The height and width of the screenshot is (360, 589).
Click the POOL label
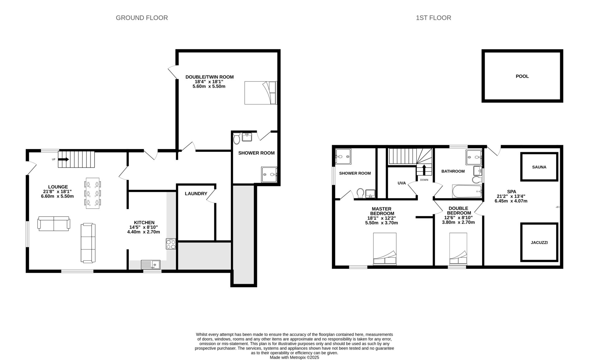click(522, 76)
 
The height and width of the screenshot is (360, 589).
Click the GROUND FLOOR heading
click(142, 18)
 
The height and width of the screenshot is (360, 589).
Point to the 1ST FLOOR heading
click(433, 18)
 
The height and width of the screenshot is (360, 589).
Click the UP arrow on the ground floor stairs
click(64, 159)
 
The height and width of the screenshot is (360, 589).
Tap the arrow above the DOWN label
click(424, 170)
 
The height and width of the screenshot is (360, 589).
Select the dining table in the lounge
click(93, 193)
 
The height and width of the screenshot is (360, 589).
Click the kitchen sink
click(151, 264)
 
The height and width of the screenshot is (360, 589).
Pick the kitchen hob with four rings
click(171, 244)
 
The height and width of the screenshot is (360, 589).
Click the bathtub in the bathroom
click(467, 191)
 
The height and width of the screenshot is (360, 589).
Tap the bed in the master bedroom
click(385, 249)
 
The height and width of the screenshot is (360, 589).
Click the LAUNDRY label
click(196, 194)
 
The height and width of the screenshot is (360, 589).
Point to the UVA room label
click(402, 183)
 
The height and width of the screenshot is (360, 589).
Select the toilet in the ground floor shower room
click(237, 139)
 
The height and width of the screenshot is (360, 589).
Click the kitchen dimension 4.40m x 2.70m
click(144, 232)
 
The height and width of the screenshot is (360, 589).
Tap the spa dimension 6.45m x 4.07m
click(511, 201)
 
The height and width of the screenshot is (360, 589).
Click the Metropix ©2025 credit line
click(294, 358)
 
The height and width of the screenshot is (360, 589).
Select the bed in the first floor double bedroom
click(458, 249)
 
